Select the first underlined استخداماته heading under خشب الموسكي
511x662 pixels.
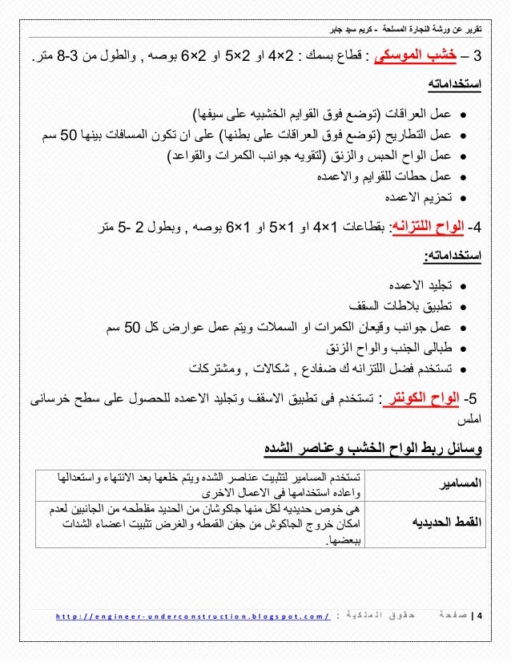[455, 85]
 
